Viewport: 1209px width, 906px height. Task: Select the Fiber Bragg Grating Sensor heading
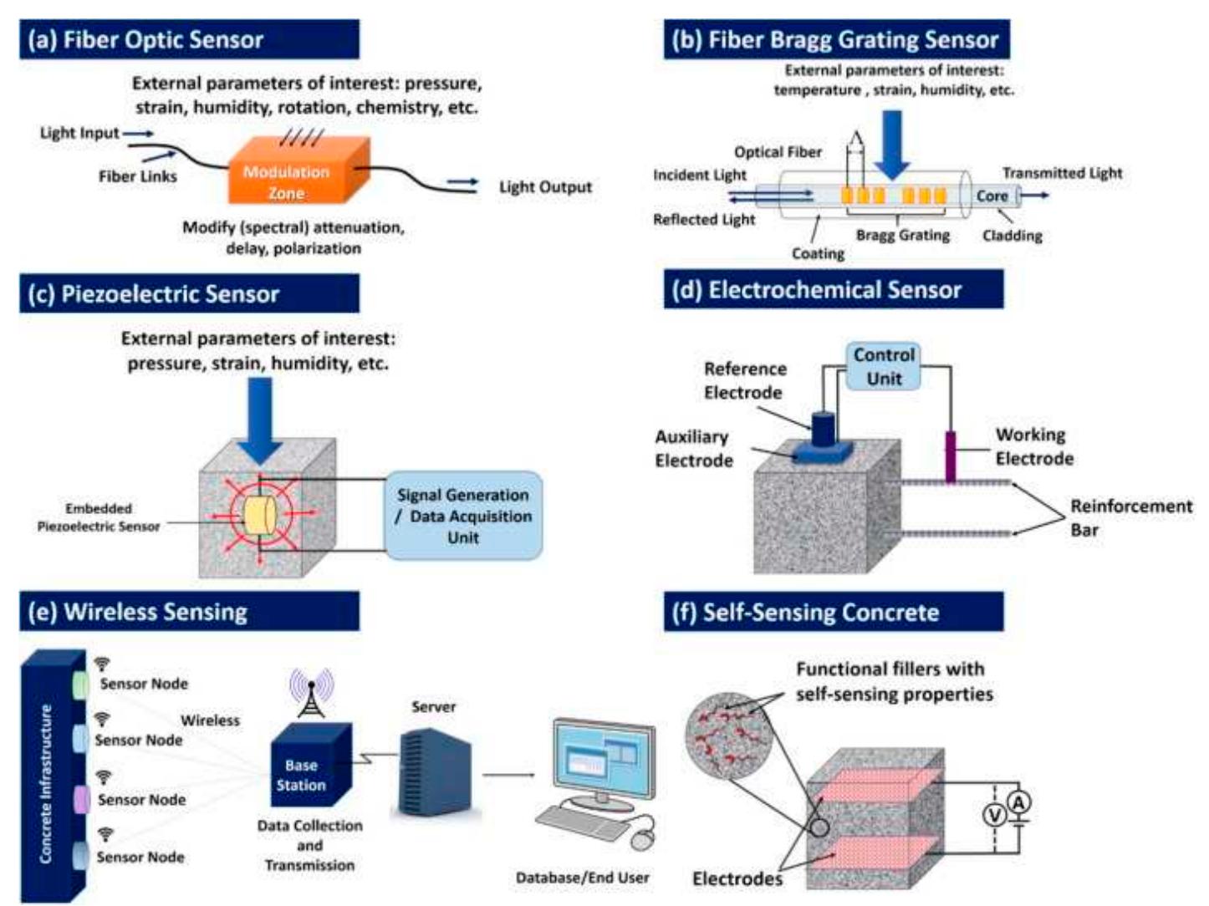[836, 39]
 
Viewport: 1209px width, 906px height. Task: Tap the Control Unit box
[883, 366]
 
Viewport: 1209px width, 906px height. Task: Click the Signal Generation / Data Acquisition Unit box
[462, 516]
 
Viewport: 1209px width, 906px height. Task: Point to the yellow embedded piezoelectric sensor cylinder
[258, 513]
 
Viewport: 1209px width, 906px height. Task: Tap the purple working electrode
[950, 456]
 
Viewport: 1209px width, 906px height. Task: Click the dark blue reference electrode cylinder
[823, 429]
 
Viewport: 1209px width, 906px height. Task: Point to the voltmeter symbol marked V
[994, 814]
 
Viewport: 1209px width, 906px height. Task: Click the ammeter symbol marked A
[1018, 802]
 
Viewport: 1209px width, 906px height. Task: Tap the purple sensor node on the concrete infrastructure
[82, 799]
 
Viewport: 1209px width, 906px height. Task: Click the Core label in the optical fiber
[992, 196]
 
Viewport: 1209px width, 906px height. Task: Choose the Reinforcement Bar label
[1130, 517]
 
